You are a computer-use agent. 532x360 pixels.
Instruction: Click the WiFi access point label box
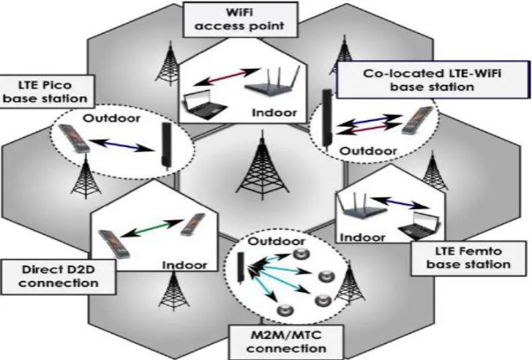(240, 19)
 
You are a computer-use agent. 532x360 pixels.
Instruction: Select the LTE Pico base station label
(45, 91)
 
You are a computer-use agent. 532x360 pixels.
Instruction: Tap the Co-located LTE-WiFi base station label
(432, 80)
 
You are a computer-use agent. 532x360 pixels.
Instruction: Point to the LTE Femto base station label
(468, 258)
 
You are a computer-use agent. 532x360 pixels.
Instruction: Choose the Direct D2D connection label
(59, 277)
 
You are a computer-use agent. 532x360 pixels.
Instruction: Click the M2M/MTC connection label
(286, 342)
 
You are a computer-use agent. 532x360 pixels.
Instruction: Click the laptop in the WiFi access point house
(204, 105)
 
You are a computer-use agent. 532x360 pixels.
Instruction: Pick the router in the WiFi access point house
(272, 83)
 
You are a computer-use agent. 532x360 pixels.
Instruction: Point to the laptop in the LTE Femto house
(419, 225)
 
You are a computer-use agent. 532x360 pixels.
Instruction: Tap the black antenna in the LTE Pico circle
(167, 145)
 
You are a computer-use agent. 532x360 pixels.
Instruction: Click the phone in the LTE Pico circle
(75, 138)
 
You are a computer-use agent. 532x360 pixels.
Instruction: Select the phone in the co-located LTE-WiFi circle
(418, 121)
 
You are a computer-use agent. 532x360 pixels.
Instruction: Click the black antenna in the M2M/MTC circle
(241, 268)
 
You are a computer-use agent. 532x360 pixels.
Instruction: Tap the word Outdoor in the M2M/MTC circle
(276, 241)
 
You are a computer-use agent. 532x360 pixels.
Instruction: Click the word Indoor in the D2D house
(184, 265)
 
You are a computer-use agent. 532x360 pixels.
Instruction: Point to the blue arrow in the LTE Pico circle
(123, 145)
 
